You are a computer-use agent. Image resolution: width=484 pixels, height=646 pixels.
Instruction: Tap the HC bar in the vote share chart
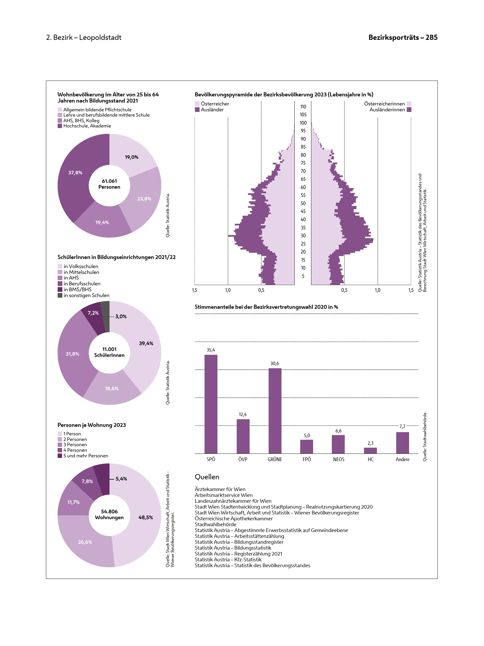tap(370, 450)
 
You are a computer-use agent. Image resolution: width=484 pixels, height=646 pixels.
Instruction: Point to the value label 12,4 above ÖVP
tap(243, 414)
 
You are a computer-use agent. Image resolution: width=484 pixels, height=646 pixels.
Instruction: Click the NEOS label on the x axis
tap(339, 459)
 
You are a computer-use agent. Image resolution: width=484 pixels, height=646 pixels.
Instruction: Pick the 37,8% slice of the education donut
tap(76, 176)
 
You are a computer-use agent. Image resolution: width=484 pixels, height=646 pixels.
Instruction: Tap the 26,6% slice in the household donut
tap(85, 542)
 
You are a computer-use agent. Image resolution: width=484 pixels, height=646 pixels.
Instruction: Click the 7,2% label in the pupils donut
tap(93, 313)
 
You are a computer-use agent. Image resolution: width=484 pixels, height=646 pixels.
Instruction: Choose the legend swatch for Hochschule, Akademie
tap(60, 126)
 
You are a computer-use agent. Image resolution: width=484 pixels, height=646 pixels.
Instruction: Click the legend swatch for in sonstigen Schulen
tap(60, 295)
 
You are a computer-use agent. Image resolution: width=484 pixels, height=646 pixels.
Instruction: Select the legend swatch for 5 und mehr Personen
tap(60, 456)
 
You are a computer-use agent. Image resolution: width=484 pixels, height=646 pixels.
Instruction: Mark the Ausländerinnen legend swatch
tap(409, 110)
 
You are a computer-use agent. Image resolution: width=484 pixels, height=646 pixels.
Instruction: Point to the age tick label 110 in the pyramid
tap(303, 107)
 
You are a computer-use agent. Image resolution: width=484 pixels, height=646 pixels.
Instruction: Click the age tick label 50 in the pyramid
tap(303, 203)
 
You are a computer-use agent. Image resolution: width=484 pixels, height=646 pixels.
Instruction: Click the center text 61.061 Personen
tap(109, 184)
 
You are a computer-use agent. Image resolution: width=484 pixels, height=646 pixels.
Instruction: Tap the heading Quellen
tap(207, 477)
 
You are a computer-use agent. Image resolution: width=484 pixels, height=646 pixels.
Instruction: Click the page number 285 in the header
tap(431, 38)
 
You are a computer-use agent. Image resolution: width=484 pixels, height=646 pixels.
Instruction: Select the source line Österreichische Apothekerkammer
tap(234, 519)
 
